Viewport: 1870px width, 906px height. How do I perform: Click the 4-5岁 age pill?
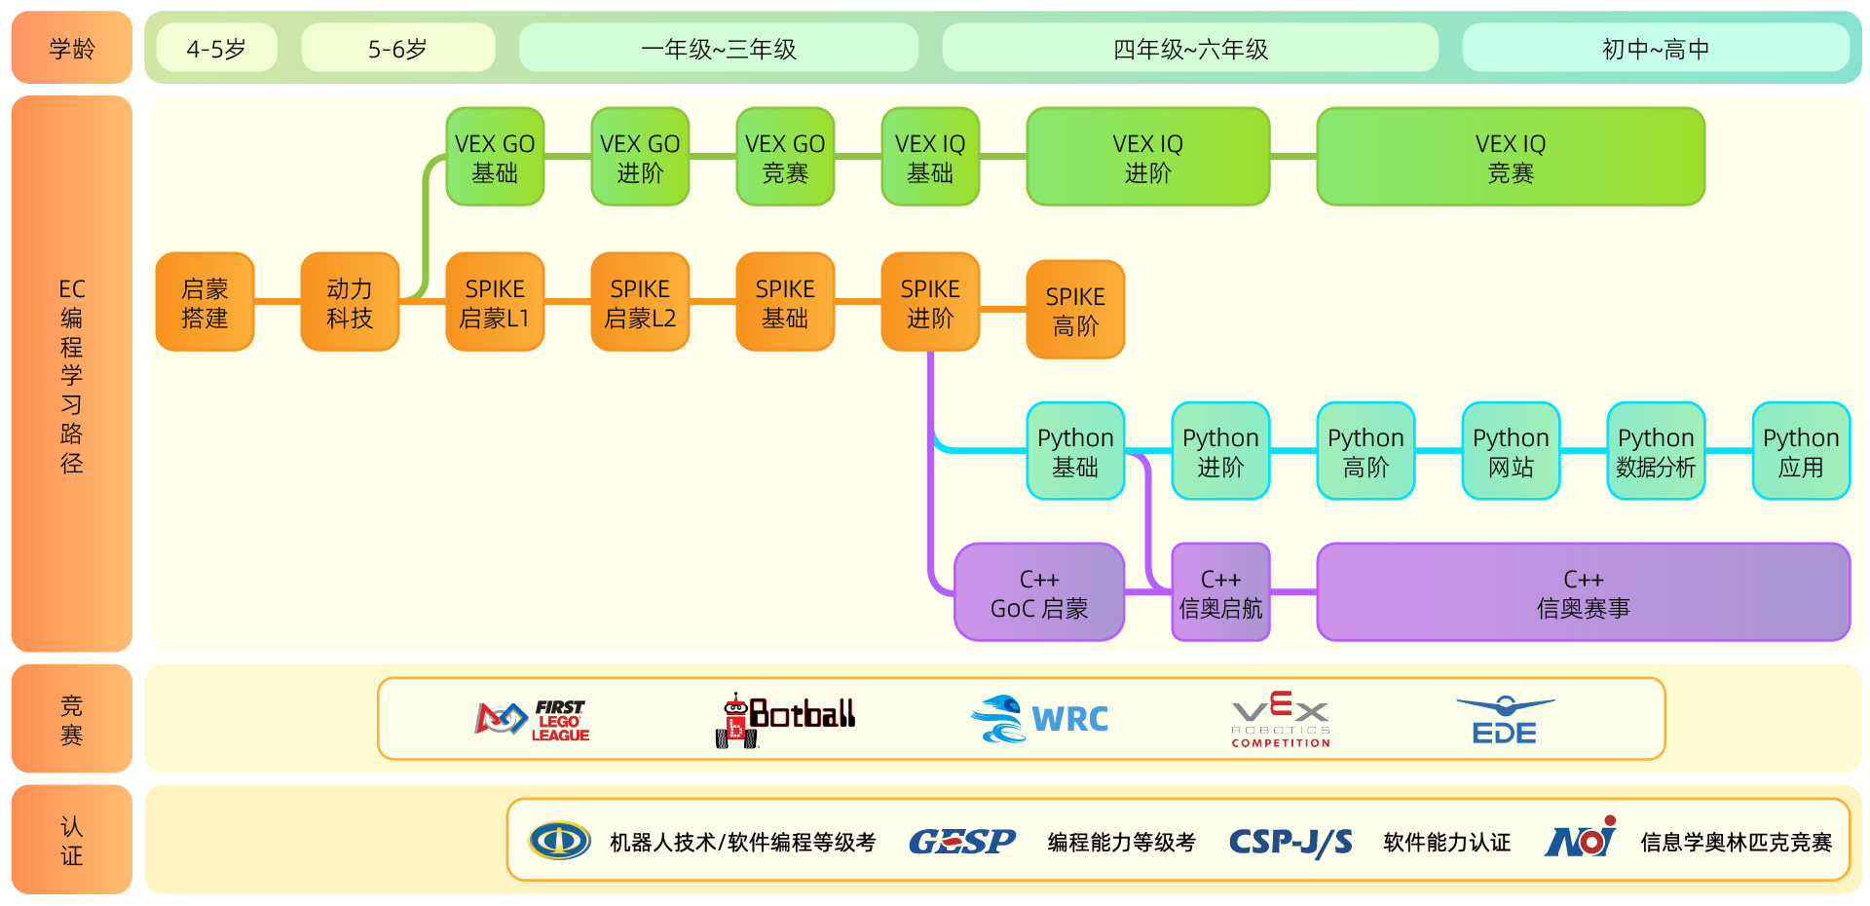pos(216,49)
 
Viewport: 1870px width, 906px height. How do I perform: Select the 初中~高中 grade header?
pos(1655,49)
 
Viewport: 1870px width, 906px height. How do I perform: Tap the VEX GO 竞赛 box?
pos(785,157)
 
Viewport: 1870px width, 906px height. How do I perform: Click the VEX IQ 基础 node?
pos(930,157)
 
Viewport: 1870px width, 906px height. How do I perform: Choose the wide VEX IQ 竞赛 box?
pos(1510,157)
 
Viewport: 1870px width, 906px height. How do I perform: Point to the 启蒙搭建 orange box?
pos(205,302)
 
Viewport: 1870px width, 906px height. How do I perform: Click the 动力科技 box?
pos(350,302)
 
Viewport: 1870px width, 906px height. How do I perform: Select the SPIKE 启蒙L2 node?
pos(640,302)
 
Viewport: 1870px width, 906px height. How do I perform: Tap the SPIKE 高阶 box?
pos(1075,310)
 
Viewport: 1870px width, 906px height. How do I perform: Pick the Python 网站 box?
pos(1511,451)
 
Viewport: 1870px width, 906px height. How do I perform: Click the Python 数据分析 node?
pos(1656,451)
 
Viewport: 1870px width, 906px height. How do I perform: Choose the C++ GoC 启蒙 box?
pos(1039,592)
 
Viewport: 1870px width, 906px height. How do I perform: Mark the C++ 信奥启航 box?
pos(1220,592)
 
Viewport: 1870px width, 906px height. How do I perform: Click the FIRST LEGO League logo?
pos(533,720)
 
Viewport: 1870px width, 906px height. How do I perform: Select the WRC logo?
pos(1040,719)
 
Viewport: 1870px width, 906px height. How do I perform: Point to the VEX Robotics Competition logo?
pos(1281,719)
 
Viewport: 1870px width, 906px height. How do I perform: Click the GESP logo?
pos(961,841)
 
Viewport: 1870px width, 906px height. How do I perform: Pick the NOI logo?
pos(1580,839)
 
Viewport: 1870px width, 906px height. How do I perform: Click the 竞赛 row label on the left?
pos(72,719)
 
